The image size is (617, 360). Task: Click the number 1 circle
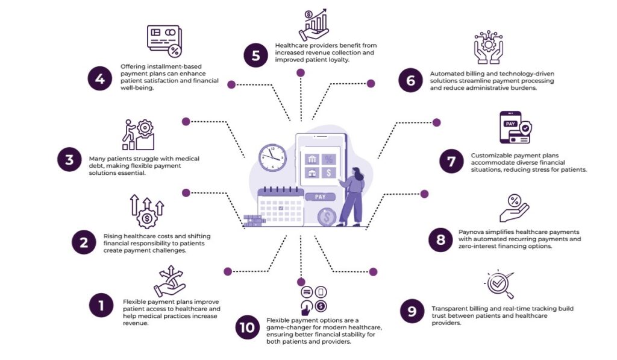coord(101,305)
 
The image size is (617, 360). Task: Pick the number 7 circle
coord(451,162)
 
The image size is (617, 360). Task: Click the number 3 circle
coord(69,160)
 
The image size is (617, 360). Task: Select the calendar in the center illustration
coord(279,207)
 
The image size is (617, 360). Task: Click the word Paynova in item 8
coord(472,232)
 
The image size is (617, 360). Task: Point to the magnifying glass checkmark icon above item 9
coord(500,285)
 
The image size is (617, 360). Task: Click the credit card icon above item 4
coord(164,40)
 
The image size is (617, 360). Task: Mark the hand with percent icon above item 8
coord(514,208)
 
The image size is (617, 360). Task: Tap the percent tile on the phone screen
coord(328,159)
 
